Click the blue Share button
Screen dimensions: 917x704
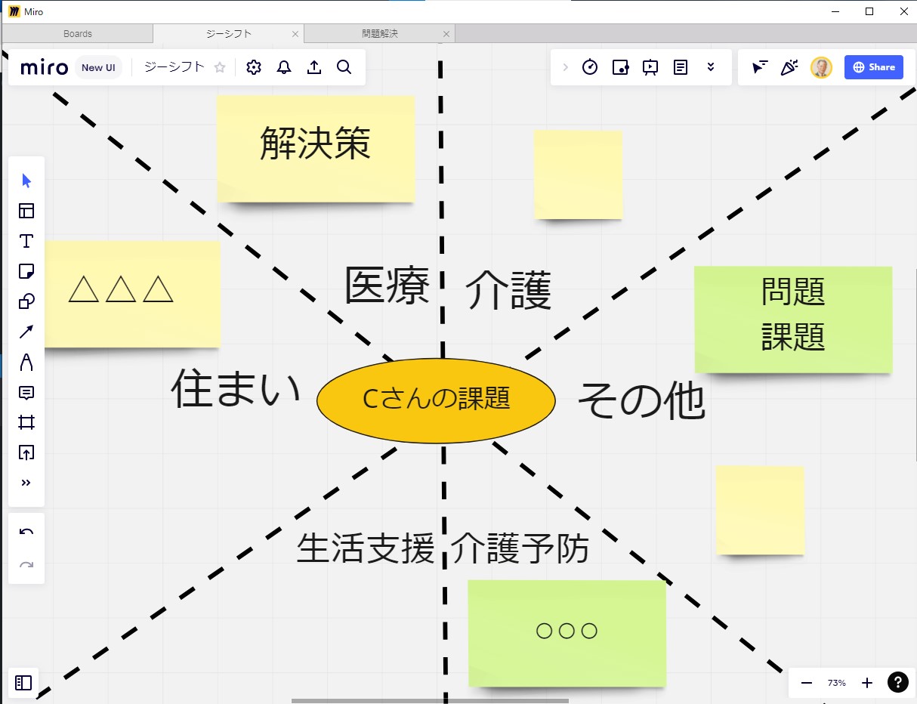pos(873,67)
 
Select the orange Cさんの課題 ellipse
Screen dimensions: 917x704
pos(436,400)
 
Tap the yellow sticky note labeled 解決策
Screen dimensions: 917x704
pos(316,149)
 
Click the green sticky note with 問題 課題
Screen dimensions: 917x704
pos(793,320)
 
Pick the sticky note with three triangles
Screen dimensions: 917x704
pos(132,294)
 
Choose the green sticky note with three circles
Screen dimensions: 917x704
pos(567,633)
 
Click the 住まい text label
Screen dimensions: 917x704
pos(236,388)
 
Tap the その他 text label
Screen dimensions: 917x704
pos(641,400)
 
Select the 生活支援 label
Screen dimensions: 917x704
pos(366,548)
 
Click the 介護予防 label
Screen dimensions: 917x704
pos(520,548)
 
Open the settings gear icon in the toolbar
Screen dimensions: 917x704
pos(254,67)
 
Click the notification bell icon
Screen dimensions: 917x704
pos(284,67)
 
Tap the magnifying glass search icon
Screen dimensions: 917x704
pos(344,67)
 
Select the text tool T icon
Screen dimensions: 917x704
pos(26,241)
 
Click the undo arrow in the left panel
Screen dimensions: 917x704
pos(26,532)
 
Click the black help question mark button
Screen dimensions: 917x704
pos(898,682)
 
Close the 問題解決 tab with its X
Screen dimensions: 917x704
pos(446,34)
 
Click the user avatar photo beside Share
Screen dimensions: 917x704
pos(821,67)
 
